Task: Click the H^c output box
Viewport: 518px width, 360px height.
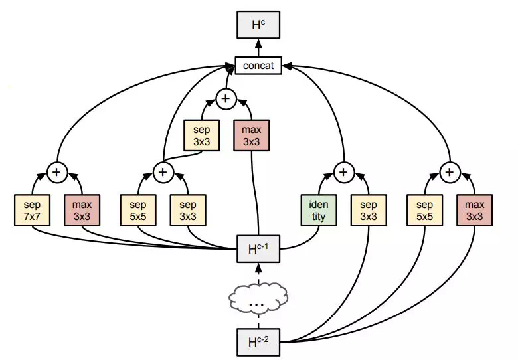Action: (258, 25)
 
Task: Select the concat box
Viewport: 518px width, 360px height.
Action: (258, 65)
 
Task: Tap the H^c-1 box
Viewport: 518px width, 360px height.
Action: (258, 249)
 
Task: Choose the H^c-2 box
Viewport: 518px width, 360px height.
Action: (258, 343)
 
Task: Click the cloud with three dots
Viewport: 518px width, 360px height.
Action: (258, 298)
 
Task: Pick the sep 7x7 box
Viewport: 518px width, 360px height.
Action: (33, 211)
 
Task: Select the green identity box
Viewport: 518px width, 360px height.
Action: (319, 211)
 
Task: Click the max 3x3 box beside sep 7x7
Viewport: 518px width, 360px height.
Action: (82, 211)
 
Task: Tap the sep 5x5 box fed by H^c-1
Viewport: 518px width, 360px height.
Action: (138, 211)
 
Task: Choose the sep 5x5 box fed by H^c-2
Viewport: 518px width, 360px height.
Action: (424, 211)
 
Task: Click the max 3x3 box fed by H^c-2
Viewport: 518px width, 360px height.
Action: (475, 211)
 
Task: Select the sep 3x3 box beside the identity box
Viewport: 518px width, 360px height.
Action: (369, 211)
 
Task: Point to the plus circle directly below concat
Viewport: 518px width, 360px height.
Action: (226, 98)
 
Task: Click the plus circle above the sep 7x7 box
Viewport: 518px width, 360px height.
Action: (57, 172)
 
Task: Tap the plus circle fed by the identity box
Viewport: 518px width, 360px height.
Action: (343, 172)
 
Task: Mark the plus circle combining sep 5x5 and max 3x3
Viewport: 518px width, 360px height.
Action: (450, 172)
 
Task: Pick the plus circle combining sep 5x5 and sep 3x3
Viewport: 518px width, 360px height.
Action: (163, 172)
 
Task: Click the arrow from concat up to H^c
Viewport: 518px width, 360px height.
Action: (258, 48)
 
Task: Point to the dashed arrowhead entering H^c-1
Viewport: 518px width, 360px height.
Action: (259, 268)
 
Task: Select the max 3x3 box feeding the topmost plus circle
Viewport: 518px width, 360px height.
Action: (252, 135)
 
